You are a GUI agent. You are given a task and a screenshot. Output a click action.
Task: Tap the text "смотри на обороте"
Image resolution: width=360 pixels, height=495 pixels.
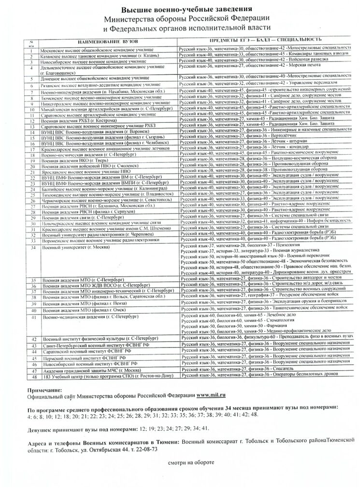[x=189, y=462]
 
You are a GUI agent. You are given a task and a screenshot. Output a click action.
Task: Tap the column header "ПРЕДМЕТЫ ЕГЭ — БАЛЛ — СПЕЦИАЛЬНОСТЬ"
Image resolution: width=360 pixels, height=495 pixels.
[x=264, y=40]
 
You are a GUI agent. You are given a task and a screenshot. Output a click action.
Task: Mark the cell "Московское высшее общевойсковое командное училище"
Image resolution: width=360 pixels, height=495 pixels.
[x=98, y=50]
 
